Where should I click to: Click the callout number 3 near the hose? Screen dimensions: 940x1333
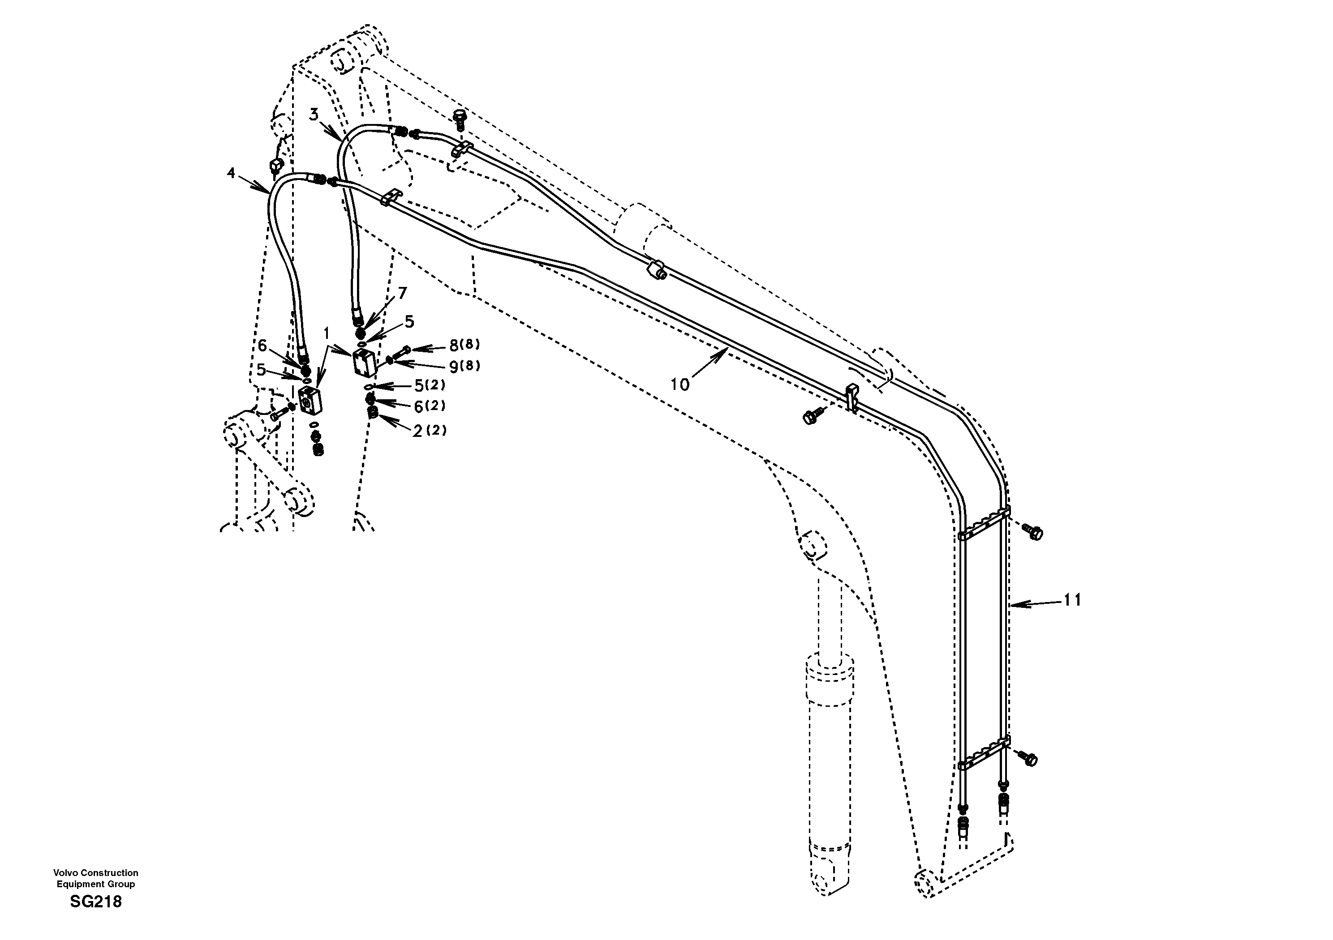click(x=314, y=114)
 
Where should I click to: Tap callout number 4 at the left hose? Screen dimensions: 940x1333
click(x=231, y=173)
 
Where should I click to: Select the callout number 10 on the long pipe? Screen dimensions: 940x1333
click(x=680, y=384)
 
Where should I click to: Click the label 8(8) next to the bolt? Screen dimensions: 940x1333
click(x=464, y=345)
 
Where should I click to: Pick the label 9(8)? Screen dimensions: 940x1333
click(x=464, y=366)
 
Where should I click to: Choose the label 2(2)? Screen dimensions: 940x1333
click(x=430, y=431)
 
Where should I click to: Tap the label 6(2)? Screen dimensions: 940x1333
click(x=430, y=406)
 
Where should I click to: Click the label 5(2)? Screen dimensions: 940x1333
click(x=429, y=386)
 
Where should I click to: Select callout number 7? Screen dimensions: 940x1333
click(x=402, y=293)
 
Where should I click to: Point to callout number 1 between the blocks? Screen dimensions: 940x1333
click(x=326, y=333)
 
